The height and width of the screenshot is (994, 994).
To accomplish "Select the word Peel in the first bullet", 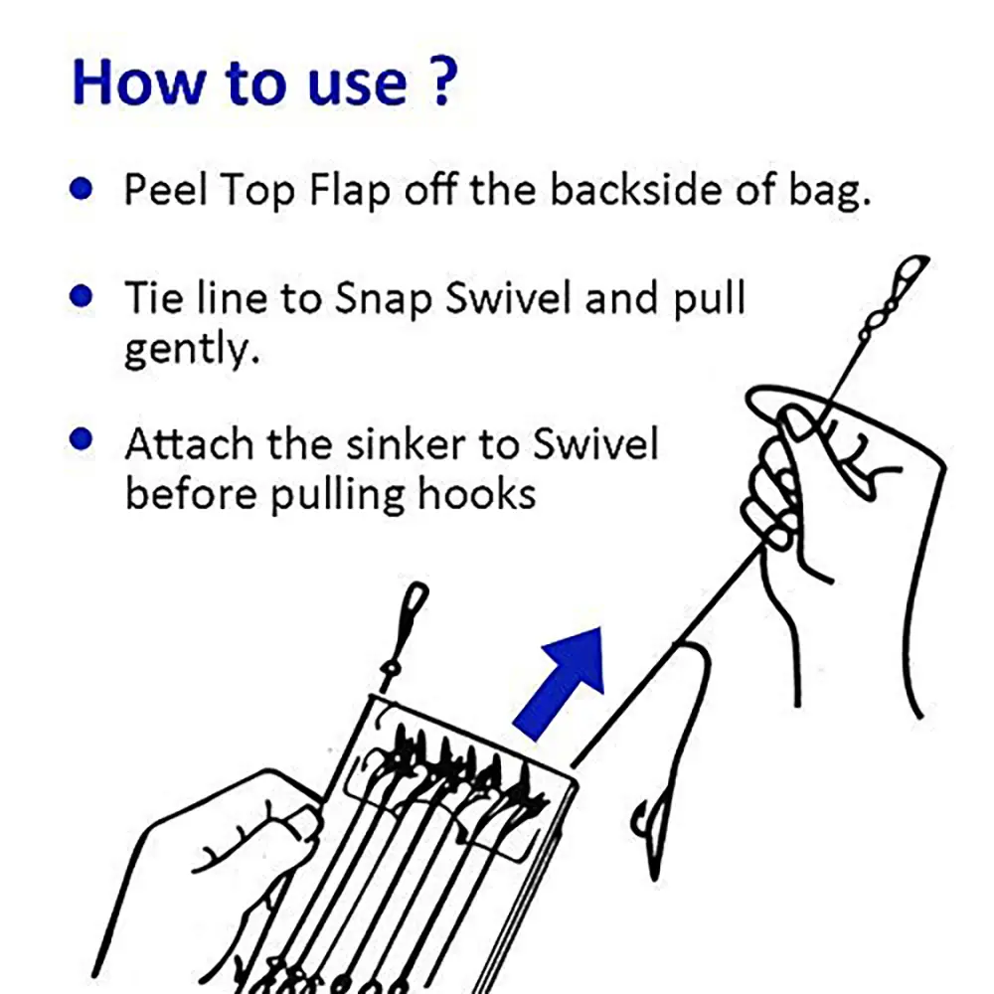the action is (165, 189).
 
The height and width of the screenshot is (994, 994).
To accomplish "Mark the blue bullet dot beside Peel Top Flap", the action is (82, 188).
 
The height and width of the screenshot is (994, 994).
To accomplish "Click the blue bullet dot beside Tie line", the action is (82, 295).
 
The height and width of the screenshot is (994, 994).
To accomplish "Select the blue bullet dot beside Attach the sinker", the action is (82, 438).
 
